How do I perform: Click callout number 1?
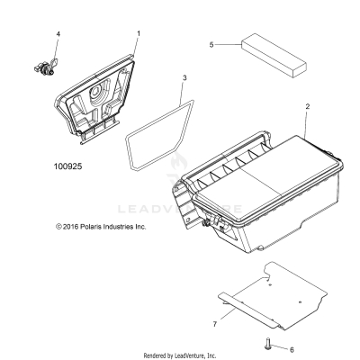click(x=139, y=33)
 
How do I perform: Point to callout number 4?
click(x=59, y=34)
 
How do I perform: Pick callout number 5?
click(x=211, y=42)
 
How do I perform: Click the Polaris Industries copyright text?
click(x=87, y=227)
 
